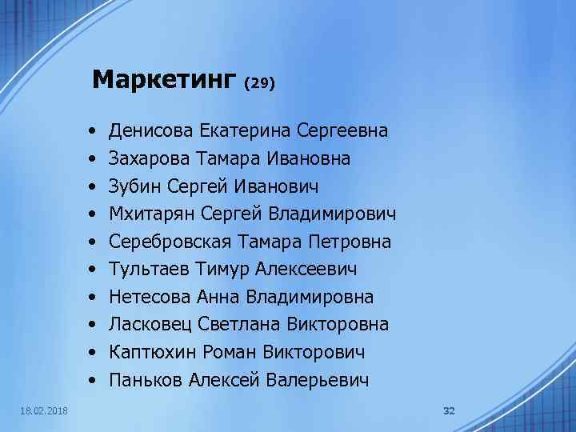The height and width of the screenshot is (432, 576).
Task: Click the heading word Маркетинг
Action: coord(165,79)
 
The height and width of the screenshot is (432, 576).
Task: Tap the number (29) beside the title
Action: coord(260,82)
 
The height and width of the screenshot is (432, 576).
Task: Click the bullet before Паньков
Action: coord(94,380)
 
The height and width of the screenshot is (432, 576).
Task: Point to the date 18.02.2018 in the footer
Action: coord(45,410)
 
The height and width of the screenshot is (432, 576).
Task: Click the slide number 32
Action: coord(449,410)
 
